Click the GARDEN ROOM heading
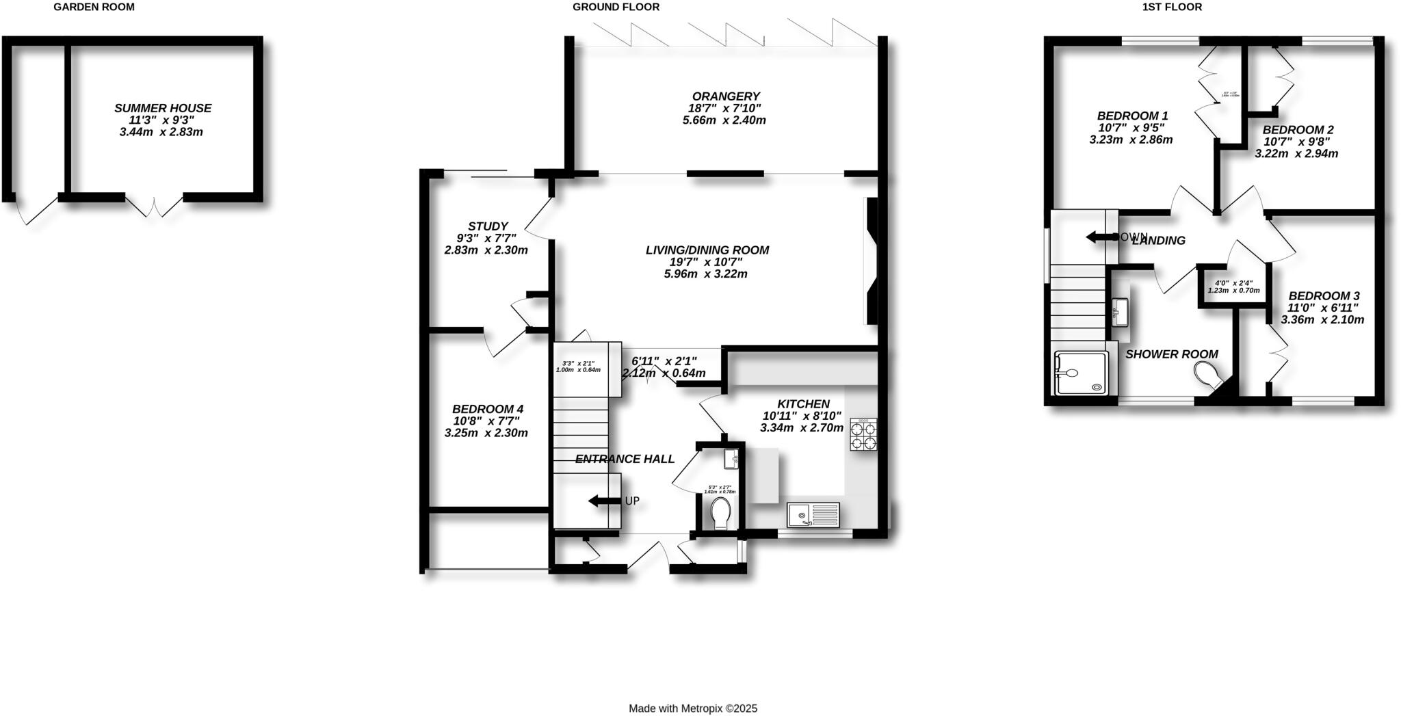pos(94,8)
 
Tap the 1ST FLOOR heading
pos(1181,8)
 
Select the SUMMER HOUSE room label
pos(163,108)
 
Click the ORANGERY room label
pos(725,96)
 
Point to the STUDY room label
pos(488,226)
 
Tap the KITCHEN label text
pos(803,404)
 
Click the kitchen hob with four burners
pos(863,435)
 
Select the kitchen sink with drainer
pos(813,514)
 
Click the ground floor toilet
pos(720,513)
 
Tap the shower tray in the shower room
pos(1081,373)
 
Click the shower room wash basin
pos(1120,312)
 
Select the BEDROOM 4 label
pos(488,409)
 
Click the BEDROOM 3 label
pos(1324,296)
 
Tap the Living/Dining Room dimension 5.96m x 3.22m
pos(705,274)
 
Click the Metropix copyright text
pos(693,709)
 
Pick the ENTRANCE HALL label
pos(625,460)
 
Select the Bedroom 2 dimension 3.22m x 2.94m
pos(1296,154)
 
